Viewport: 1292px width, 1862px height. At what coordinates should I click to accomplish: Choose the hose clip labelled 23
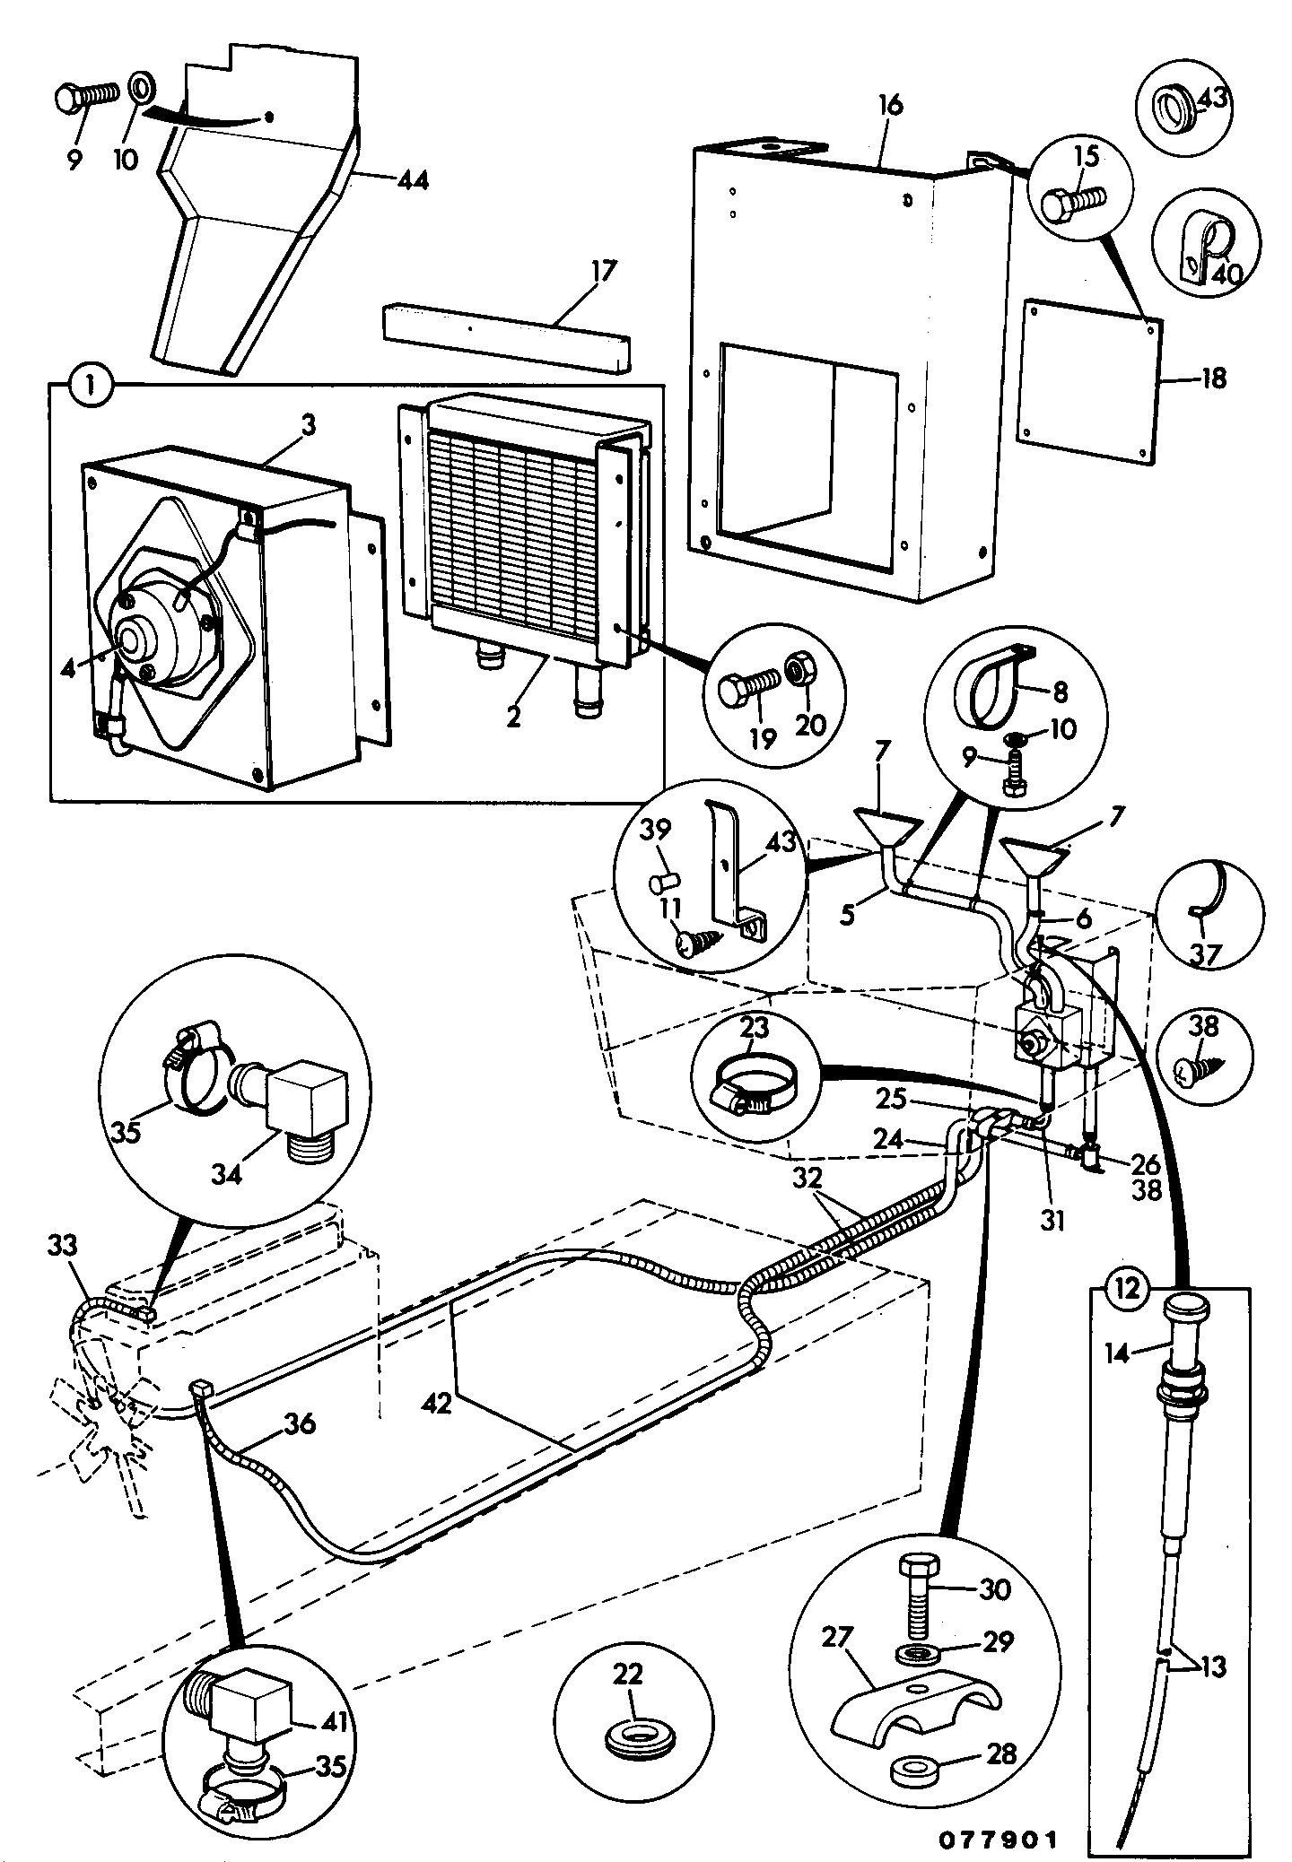point(755,1077)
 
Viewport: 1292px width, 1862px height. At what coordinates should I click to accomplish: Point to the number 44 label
point(412,180)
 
